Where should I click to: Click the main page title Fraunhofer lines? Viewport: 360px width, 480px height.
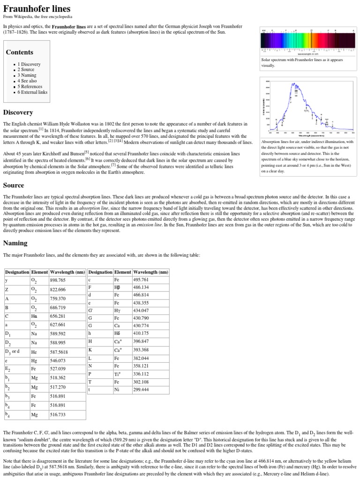[37, 9]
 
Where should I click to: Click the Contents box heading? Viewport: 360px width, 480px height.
[19, 52]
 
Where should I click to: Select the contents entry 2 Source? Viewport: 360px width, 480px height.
[27, 70]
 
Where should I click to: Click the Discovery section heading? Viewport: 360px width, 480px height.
[18, 112]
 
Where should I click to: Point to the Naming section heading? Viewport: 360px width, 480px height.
[15, 243]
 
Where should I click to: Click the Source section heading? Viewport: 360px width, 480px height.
[14, 185]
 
